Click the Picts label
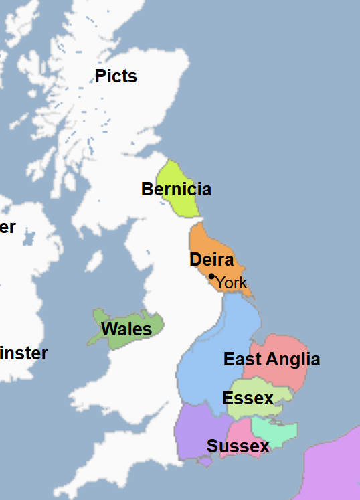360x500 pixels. click(x=116, y=76)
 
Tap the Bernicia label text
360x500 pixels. click(x=176, y=189)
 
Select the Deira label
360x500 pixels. click(x=211, y=260)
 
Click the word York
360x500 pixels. click(x=232, y=283)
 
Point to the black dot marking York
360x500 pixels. click(x=211, y=276)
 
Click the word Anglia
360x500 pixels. click(x=292, y=359)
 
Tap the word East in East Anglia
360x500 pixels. click(x=242, y=359)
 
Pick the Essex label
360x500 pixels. click(x=248, y=398)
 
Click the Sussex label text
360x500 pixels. click(x=238, y=446)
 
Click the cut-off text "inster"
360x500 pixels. click(x=23, y=353)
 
